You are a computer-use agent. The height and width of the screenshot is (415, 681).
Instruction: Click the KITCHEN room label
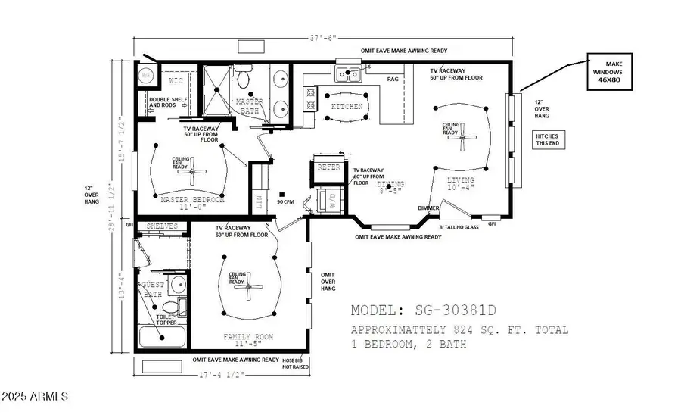point(347,107)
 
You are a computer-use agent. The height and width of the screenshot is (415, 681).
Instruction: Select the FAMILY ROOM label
point(248,336)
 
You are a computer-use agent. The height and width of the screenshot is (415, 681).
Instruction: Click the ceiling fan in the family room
point(249,286)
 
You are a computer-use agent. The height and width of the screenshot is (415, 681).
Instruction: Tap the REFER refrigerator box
point(328,167)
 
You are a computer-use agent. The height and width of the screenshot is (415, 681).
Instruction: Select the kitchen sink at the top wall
point(349,73)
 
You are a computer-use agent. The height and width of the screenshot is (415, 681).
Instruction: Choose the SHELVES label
point(162,226)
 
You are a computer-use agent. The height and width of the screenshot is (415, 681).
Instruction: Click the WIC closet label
point(176,80)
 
